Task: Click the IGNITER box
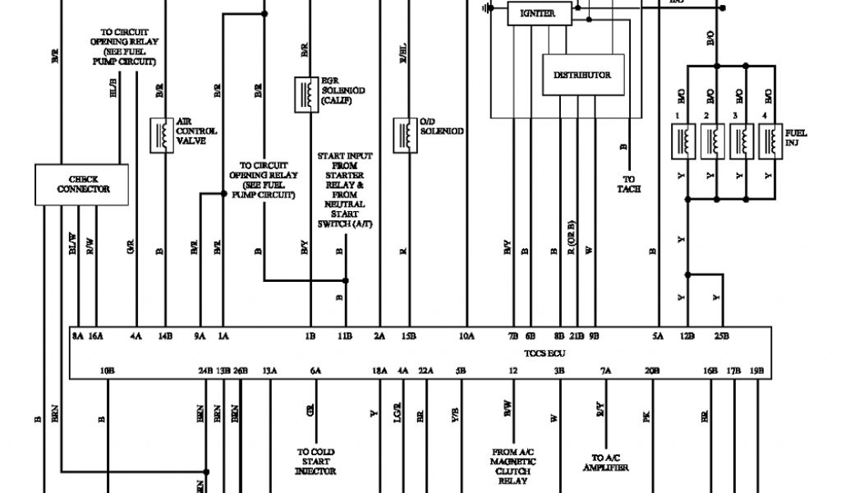pyautogui.click(x=537, y=14)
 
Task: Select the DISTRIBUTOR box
pyautogui.click(x=581, y=75)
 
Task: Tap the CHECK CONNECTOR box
pyautogui.click(x=83, y=184)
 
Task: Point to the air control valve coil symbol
pyautogui.click(x=162, y=135)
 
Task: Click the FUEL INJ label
pyautogui.click(x=796, y=137)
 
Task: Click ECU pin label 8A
pyautogui.click(x=78, y=335)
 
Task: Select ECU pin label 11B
pyautogui.click(x=344, y=335)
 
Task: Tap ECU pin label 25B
pyautogui.click(x=721, y=335)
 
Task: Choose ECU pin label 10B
pyautogui.click(x=106, y=371)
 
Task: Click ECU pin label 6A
pyautogui.click(x=315, y=371)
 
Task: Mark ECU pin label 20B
pyautogui.click(x=651, y=371)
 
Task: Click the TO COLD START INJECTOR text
pyautogui.click(x=316, y=461)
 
